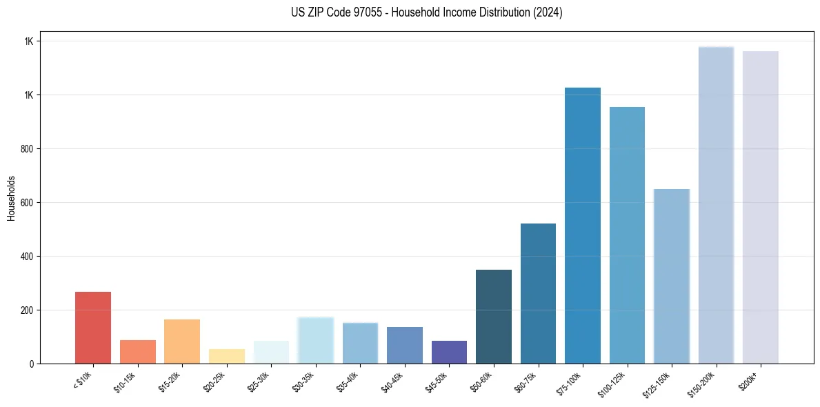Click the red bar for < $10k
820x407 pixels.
tap(93, 328)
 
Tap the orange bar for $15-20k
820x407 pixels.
tap(182, 341)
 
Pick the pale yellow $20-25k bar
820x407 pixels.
tap(227, 356)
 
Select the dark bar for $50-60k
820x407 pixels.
tap(494, 317)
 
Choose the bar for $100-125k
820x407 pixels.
tap(627, 235)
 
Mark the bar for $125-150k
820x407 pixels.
tap(672, 276)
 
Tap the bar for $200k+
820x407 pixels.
tap(761, 207)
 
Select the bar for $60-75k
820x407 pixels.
tap(538, 293)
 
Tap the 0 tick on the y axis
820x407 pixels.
tap(32, 364)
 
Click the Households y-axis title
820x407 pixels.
tap(11, 198)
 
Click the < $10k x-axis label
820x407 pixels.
tap(82, 380)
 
